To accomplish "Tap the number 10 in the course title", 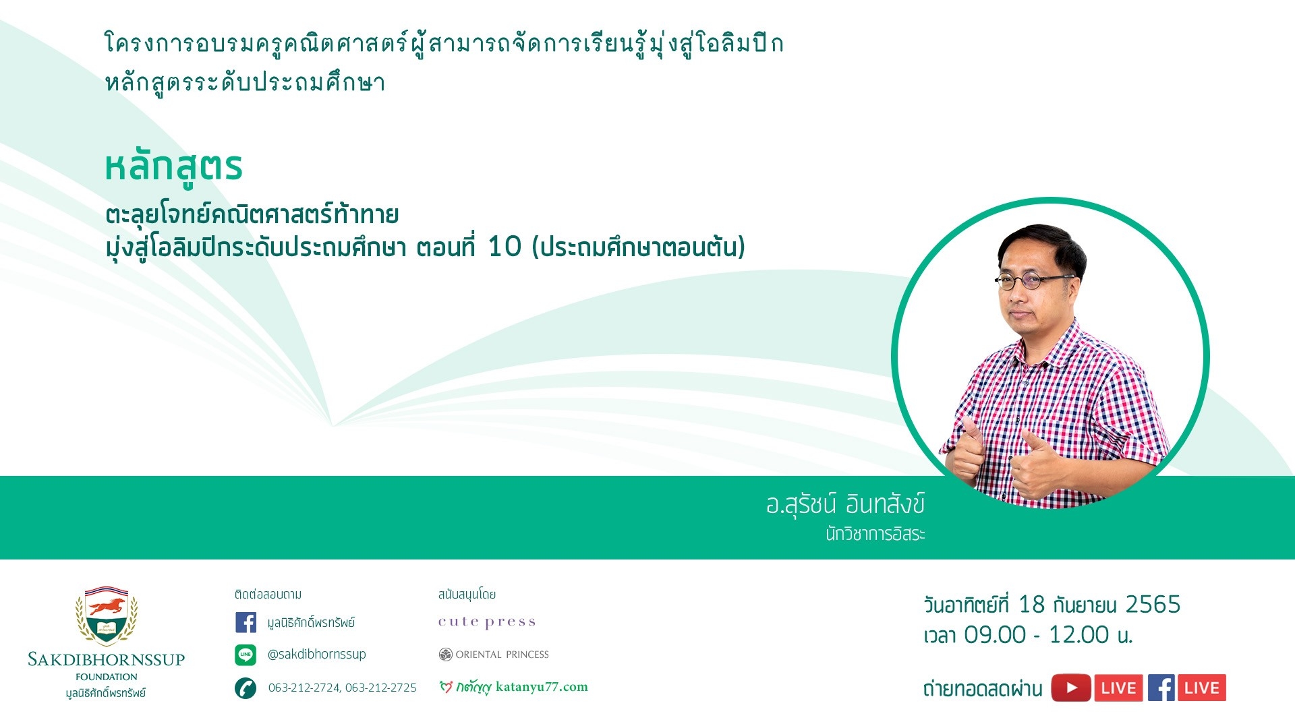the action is [505, 247].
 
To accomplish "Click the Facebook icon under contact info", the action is [246, 622].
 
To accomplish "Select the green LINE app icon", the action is [246, 655].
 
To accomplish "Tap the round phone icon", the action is [246, 688].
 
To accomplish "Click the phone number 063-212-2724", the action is [304, 688].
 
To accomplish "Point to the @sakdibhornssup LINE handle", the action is [317, 655].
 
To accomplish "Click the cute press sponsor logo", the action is [487, 622].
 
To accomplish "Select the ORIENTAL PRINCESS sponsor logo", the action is [494, 655].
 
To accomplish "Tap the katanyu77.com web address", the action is [542, 687].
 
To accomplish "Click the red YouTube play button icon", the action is [1071, 688].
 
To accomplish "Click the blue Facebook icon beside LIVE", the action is [1161, 688].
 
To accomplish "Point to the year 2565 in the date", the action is [1153, 605].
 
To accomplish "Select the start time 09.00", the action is [995, 635].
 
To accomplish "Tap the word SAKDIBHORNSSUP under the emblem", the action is [107, 659].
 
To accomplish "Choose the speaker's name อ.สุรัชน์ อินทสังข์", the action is [845, 505].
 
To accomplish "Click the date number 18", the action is [1031, 605].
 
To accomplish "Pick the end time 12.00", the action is [1079, 635].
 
